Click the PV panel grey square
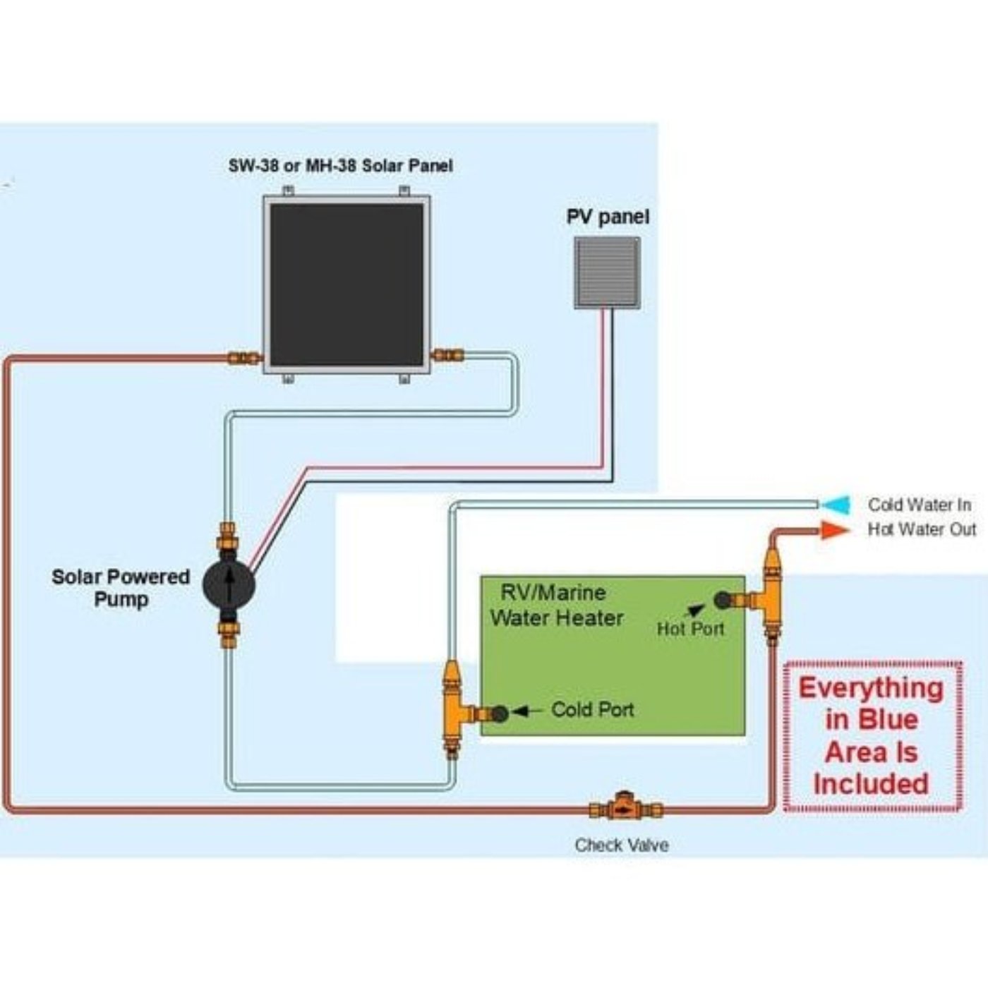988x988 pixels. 607,272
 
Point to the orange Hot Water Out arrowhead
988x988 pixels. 836,529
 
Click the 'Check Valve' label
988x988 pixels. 622,845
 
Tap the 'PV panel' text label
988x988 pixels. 608,217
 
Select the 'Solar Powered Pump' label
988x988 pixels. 121,588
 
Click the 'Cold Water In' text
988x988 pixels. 920,505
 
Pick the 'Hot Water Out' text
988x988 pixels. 922,529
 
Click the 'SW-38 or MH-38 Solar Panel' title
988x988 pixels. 340,166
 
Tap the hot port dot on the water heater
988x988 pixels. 723,600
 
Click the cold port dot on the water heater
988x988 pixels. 500,713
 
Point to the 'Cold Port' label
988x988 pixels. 592,709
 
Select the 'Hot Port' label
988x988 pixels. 690,628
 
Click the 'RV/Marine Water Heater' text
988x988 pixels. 557,606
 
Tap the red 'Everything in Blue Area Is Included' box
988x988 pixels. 872,735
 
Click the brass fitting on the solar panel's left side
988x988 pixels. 243,358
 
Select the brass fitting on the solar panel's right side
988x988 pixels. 447,354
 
